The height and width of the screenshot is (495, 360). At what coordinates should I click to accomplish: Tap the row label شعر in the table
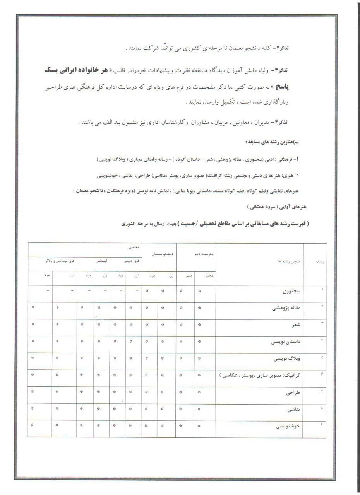[x=297, y=325]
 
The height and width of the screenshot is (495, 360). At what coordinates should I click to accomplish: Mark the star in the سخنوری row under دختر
[x=200, y=291]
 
